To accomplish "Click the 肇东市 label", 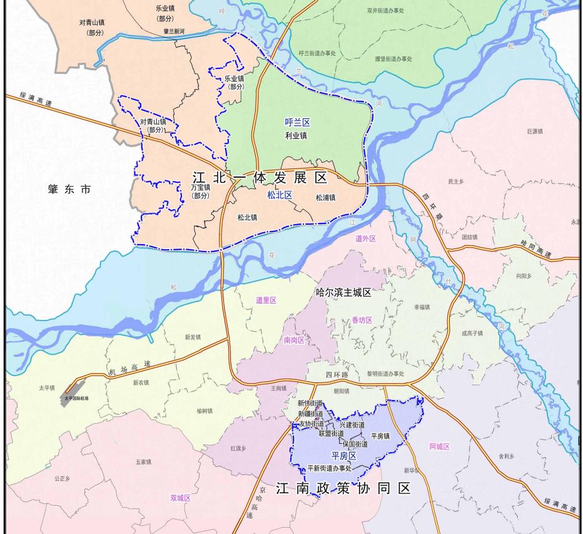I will (x=69, y=189).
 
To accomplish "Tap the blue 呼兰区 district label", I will (x=297, y=123).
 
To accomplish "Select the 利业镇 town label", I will (x=296, y=135).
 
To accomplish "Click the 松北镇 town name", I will (x=247, y=218).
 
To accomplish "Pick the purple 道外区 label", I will (x=365, y=239).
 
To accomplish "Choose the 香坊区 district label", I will (x=362, y=320).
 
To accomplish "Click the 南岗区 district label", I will (x=294, y=341).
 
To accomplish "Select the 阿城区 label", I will (x=439, y=446).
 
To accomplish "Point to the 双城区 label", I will (x=180, y=498).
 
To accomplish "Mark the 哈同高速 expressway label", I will (x=537, y=249).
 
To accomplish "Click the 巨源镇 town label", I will (x=535, y=131).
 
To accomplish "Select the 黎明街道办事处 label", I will (x=385, y=374).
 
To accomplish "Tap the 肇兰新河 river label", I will (x=174, y=31).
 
